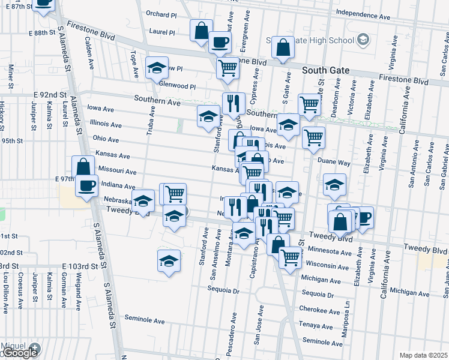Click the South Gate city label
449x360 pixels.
coord(326,70)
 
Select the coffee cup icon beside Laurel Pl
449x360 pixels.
coord(219,41)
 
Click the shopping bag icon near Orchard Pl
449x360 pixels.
coord(201,30)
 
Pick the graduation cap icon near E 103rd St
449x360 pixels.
coord(169,260)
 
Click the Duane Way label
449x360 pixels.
coord(334,162)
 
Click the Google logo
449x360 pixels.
coord(20,353)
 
